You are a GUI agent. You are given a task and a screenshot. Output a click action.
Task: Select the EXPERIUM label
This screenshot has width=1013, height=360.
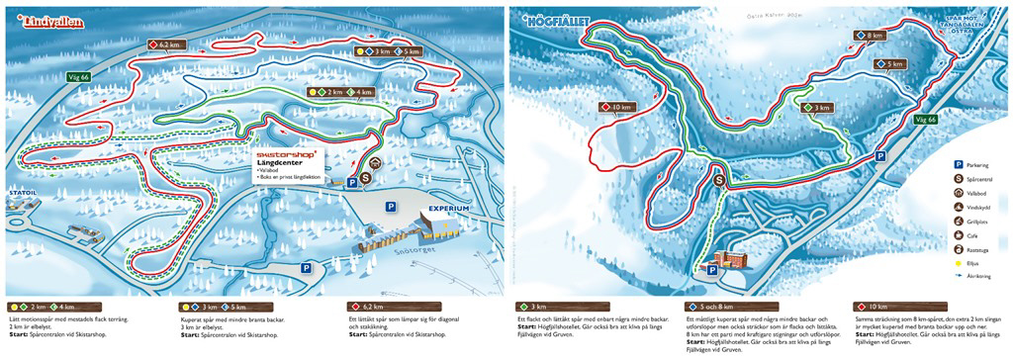(x=448, y=209)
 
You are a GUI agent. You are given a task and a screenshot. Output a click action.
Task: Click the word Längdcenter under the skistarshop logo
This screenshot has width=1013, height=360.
(x=277, y=164)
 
